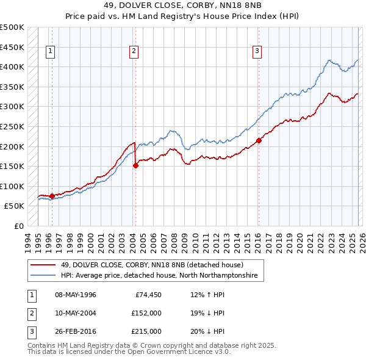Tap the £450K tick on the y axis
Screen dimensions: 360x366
12,47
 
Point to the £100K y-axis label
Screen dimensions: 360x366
12,186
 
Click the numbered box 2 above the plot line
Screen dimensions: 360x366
133,52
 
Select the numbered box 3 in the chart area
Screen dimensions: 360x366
257,52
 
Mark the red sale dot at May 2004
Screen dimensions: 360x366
135,165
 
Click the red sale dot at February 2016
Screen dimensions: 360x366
259,140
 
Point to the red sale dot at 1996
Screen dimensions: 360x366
52,196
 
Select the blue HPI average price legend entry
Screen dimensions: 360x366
159,276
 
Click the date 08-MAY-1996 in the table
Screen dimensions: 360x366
76,295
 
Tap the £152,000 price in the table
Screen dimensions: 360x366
146,313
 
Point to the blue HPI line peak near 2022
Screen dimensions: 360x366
329,60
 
